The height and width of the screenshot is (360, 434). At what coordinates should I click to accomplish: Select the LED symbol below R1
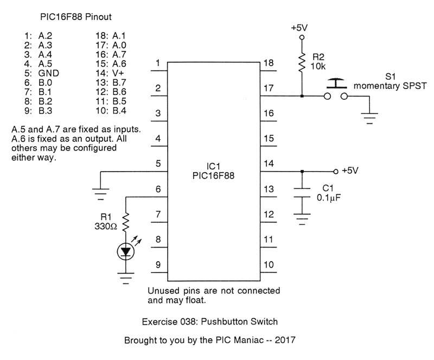click(x=126, y=251)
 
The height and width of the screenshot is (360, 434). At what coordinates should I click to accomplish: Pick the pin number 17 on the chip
click(x=269, y=88)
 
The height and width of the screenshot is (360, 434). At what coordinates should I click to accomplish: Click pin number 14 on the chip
click(x=269, y=163)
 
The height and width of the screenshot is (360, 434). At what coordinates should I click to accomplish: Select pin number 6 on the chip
click(x=158, y=189)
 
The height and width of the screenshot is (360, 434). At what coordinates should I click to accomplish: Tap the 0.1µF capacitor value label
click(x=329, y=198)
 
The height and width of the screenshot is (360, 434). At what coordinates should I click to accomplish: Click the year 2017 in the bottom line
click(x=284, y=341)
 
